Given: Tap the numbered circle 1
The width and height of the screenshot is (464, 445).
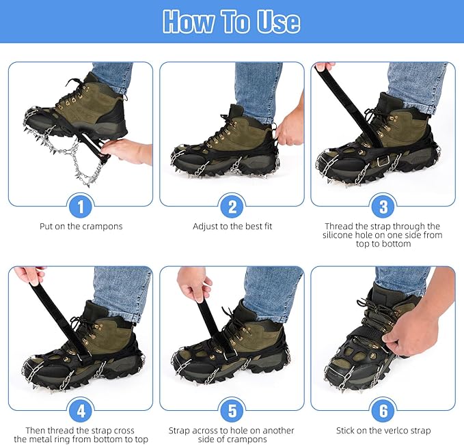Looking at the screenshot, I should (x=81, y=206).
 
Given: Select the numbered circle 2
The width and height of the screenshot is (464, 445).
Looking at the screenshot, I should (x=232, y=206).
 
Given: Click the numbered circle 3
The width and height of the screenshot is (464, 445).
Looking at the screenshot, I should (x=383, y=206).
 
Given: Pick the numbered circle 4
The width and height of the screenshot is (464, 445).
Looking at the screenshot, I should (x=81, y=410).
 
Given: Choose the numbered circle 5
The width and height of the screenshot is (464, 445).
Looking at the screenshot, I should (x=232, y=410).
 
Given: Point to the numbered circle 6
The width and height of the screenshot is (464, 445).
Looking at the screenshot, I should (x=383, y=410).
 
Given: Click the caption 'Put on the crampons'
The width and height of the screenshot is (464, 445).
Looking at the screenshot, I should (x=81, y=227).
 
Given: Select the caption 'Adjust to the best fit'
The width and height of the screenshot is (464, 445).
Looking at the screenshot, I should (x=232, y=227).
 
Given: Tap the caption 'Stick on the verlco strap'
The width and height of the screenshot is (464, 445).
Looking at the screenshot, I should (x=383, y=431).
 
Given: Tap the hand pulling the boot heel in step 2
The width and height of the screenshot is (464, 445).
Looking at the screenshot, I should (x=290, y=126).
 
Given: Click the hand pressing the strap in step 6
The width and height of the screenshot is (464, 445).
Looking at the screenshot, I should (x=409, y=332).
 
